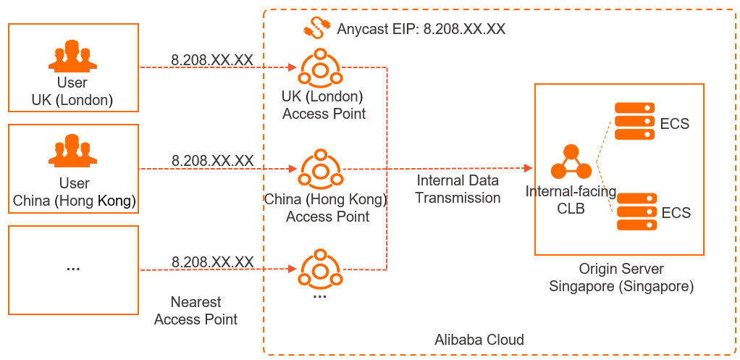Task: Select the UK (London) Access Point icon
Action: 319,68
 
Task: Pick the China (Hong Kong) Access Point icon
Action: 319,169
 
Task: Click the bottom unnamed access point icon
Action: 319,269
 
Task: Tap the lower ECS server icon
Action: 636,212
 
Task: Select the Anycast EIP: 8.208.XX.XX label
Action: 421,30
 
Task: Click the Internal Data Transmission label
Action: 458,189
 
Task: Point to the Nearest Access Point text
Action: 195,311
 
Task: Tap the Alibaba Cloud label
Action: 479,340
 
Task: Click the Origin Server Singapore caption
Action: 621,278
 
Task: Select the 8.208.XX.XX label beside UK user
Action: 212,59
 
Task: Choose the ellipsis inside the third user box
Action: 72,267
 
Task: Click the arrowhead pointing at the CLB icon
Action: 528,168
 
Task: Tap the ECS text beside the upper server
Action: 675,123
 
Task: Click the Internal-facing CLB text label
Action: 571,199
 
